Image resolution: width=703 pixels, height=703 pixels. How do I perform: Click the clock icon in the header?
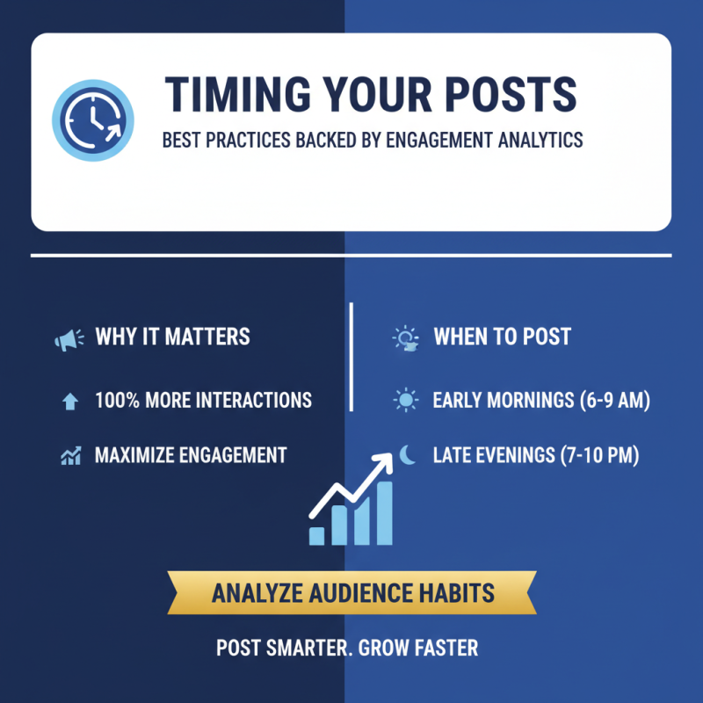click(93, 120)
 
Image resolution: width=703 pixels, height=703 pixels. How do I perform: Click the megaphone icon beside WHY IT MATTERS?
click(69, 337)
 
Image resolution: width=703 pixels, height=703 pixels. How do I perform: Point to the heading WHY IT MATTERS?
click(172, 337)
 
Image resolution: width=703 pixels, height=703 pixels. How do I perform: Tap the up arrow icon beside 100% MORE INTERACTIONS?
click(70, 402)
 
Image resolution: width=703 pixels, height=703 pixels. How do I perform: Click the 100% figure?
click(116, 401)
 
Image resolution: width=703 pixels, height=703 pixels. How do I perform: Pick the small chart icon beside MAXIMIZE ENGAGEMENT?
click(70, 455)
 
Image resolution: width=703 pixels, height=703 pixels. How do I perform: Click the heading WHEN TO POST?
click(502, 337)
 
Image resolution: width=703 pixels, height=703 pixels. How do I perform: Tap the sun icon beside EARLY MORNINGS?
click(405, 402)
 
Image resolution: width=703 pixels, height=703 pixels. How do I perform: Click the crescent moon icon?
click(408, 454)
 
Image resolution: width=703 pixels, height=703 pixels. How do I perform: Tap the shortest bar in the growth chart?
click(317, 534)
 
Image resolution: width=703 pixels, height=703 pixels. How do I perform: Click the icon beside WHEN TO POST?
click(405, 338)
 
